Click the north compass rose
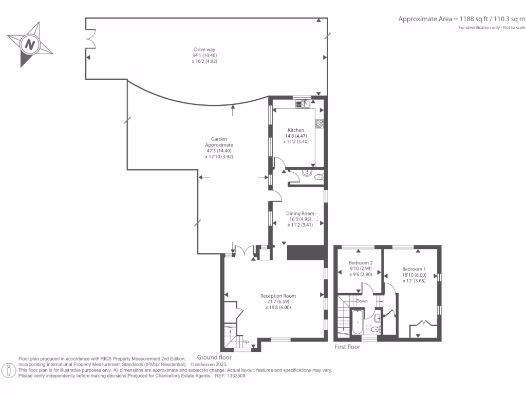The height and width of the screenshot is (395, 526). tap(30, 44)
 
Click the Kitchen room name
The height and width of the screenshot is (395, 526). tap(295, 130)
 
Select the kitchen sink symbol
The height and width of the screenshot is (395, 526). tap(302, 104)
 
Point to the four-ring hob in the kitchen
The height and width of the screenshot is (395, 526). tap(319, 123)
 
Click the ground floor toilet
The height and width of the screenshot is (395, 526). tap(319, 177)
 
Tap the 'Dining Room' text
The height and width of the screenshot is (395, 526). tap(300, 213)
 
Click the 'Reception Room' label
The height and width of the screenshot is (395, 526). tap(278, 296)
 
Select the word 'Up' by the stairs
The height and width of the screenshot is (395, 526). tap(246, 342)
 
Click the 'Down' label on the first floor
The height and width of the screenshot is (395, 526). tap(362, 301)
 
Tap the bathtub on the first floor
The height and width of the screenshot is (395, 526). tap(356, 322)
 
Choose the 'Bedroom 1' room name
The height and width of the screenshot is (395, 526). tap(414, 269)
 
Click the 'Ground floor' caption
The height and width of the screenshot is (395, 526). tap(214, 357)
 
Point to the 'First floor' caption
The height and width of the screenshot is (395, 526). tap(347, 347)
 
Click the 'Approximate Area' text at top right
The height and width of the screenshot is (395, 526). tap(425, 19)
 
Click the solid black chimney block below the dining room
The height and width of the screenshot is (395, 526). tap(306, 253)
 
